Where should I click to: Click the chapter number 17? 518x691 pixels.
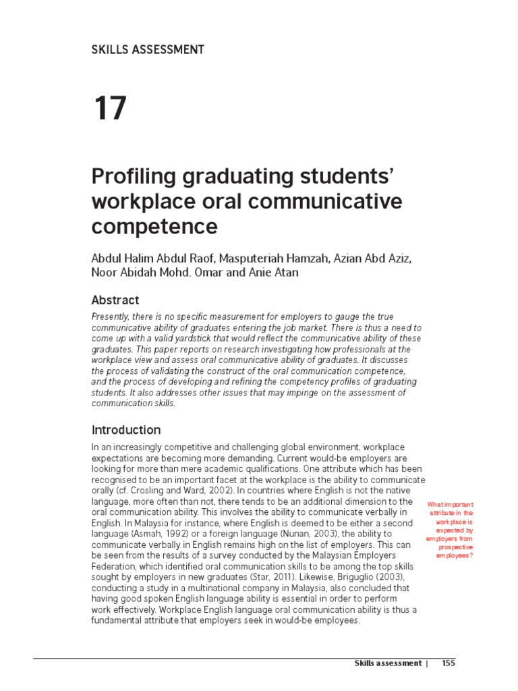click(109, 109)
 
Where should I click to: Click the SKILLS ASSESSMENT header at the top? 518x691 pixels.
click(147, 49)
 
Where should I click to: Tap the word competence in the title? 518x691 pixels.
click(154, 227)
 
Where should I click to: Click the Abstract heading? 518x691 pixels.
click(115, 300)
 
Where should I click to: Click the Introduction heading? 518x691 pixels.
click(125, 430)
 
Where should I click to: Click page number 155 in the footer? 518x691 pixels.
click(449, 663)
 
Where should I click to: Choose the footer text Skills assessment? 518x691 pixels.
click(388, 663)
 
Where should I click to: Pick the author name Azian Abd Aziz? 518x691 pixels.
click(363, 260)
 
